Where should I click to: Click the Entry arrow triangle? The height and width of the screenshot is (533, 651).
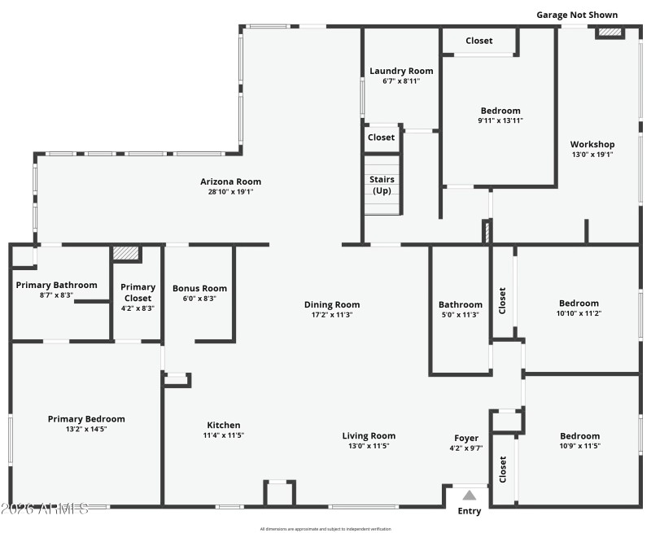(470, 494)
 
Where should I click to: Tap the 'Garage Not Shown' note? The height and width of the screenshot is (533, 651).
(576, 15)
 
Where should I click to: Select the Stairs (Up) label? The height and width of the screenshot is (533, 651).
(382, 185)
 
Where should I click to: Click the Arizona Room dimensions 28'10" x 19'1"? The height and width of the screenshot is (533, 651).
(231, 193)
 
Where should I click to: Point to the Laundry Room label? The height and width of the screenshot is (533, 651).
(401, 71)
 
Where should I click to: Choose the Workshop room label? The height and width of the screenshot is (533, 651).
(592, 144)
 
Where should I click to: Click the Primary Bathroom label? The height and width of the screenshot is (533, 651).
(56, 285)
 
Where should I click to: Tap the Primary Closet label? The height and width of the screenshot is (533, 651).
(138, 287)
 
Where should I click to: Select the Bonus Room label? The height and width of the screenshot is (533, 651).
(199, 288)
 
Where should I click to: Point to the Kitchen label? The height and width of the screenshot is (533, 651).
(224, 425)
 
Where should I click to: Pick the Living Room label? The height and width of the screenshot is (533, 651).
(369, 436)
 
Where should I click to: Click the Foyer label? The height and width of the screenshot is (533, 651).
(466, 438)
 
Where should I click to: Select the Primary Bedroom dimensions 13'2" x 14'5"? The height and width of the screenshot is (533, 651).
(86, 429)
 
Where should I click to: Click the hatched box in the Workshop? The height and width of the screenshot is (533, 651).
(609, 33)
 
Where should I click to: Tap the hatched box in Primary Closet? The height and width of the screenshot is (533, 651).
(125, 253)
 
